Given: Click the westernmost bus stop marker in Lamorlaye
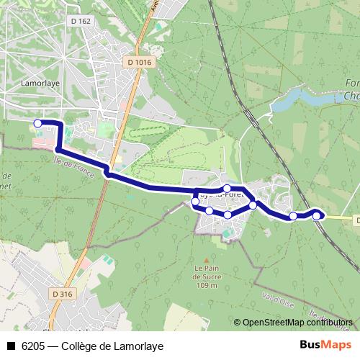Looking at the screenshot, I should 37,124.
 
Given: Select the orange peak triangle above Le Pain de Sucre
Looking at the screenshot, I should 206,261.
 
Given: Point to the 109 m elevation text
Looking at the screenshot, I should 206,286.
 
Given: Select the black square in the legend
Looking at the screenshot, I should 11,346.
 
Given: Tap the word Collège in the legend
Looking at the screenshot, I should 80,346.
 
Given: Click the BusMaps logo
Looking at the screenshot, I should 326,345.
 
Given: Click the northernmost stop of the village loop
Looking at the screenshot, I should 227,189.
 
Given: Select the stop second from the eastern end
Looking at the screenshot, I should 293,216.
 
